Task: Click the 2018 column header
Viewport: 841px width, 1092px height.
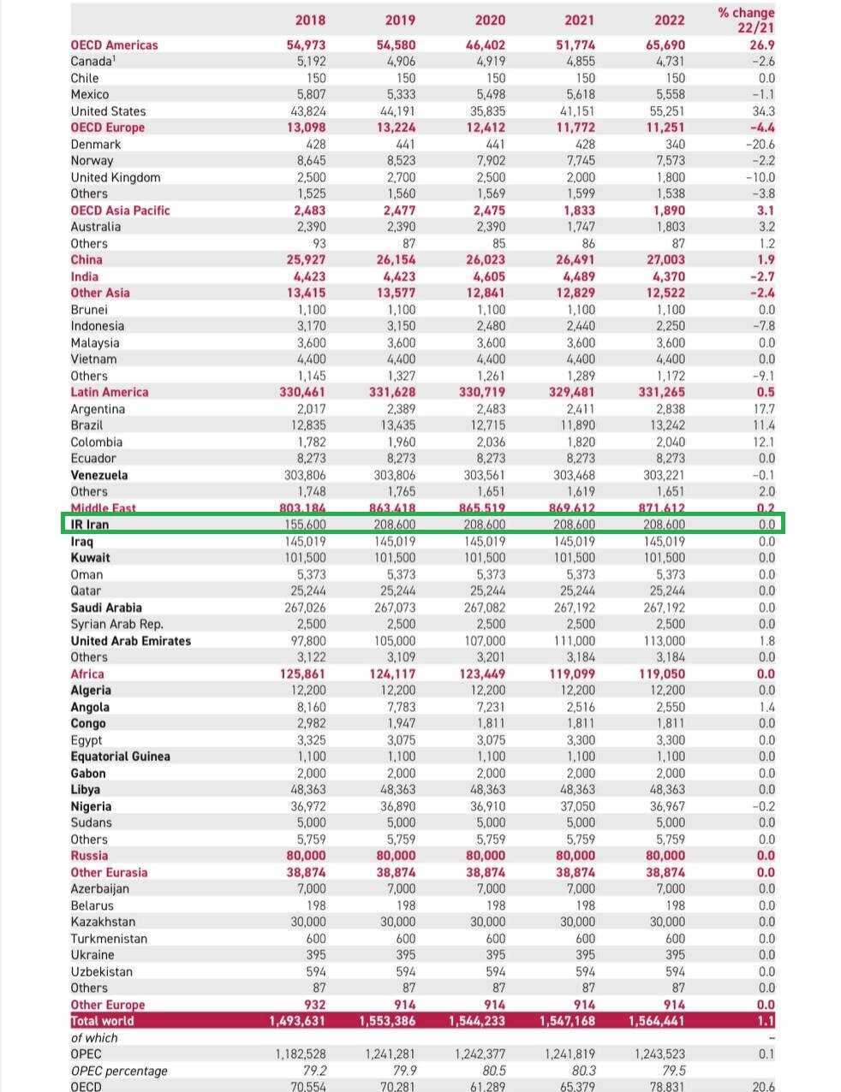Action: click(x=309, y=20)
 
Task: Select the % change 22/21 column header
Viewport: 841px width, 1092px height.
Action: click(x=746, y=20)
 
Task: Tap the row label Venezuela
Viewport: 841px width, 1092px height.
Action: click(x=99, y=475)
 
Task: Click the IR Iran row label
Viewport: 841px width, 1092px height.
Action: click(x=90, y=525)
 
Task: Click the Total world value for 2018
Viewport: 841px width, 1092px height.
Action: click(x=297, y=1021)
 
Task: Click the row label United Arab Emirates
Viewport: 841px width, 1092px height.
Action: click(x=131, y=641)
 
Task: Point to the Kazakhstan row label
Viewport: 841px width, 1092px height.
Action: click(x=103, y=922)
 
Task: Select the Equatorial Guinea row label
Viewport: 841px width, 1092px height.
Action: click(x=120, y=757)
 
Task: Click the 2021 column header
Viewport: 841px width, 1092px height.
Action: click(x=580, y=20)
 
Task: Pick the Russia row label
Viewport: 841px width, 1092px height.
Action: click(x=89, y=856)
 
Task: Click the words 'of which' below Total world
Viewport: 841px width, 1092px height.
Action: click(x=94, y=1038)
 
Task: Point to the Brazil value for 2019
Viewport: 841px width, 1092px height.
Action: click(x=397, y=425)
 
